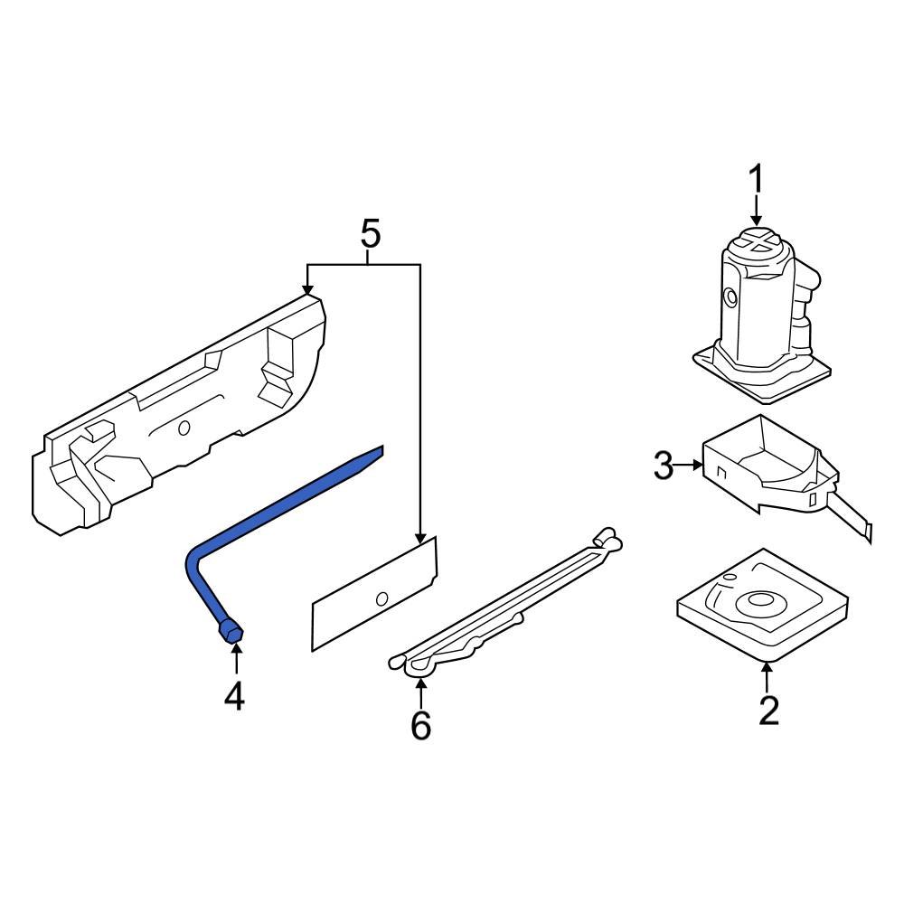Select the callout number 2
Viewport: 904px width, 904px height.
[x=767, y=711]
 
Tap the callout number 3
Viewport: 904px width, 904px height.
[x=664, y=466]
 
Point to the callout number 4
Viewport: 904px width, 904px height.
[x=234, y=696]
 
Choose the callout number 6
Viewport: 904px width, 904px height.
[x=421, y=725]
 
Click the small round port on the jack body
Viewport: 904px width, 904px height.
[x=729, y=295]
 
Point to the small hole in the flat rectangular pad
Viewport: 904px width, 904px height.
[x=381, y=597]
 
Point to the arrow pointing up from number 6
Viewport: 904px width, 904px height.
[x=421, y=684]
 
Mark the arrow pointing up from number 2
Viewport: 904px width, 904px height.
[x=767, y=670]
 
